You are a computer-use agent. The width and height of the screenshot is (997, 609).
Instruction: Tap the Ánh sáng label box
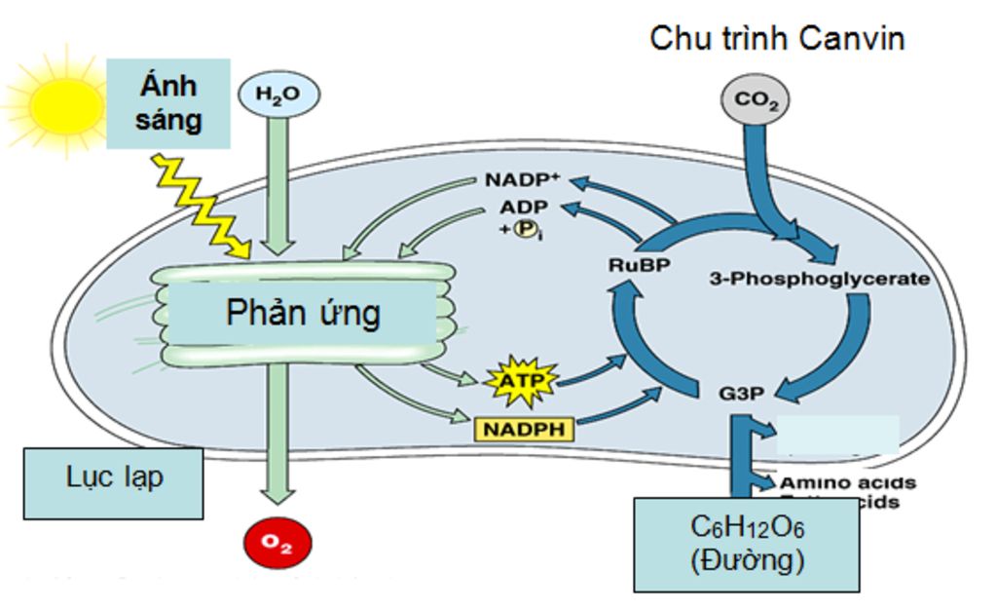pyautogui.click(x=168, y=103)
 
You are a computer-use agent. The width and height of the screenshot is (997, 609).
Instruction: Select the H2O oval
pyautogui.click(x=278, y=95)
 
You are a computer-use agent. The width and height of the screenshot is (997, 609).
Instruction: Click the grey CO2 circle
pyautogui.click(x=755, y=100)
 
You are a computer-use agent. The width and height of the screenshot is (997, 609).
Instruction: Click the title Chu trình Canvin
pyautogui.click(x=777, y=39)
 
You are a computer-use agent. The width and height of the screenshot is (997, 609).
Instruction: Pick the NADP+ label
pyautogui.click(x=522, y=181)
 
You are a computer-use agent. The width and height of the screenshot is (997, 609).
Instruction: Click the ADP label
pyautogui.click(x=524, y=207)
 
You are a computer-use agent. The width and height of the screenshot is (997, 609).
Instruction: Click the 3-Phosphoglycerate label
pyautogui.click(x=821, y=279)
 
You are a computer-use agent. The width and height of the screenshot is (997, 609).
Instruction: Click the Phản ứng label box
pyautogui.click(x=303, y=314)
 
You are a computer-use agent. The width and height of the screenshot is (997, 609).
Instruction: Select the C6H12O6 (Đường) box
pyautogui.click(x=746, y=544)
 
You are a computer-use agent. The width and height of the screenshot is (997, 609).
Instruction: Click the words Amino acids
pyautogui.click(x=846, y=482)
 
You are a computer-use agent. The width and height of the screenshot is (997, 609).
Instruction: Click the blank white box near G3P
pyautogui.click(x=837, y=436)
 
